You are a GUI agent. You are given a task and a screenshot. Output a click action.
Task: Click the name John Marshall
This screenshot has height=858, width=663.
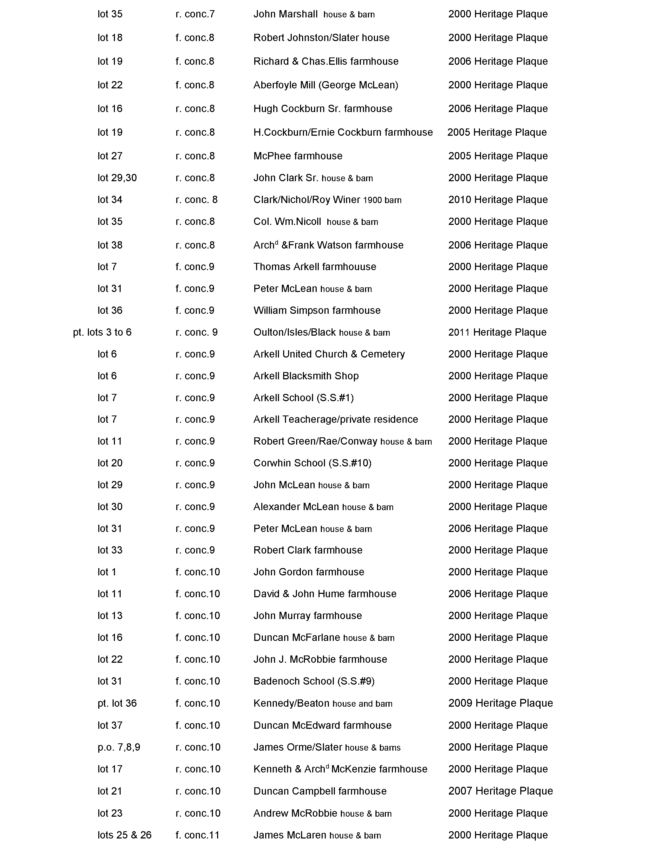(285, 14)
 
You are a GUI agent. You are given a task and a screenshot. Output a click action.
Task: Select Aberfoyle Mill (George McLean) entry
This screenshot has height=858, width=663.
(326, 85)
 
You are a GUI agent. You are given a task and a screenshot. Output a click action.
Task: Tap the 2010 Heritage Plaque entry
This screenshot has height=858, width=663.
(498, 200)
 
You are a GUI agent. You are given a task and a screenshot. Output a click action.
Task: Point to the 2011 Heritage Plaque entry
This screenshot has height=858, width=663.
(497, 332)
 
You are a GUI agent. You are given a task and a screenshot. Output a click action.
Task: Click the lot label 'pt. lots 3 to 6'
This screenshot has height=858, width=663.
(102, 332)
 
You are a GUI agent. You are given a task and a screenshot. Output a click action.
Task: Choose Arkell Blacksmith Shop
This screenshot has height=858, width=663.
(306, 376)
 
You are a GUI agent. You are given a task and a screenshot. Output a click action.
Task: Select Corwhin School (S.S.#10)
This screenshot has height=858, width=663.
(312, 463)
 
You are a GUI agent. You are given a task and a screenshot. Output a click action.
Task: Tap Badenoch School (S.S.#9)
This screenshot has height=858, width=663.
(314, 681)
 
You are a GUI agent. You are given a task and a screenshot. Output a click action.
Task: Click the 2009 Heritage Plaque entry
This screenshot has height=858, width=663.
(500, 703)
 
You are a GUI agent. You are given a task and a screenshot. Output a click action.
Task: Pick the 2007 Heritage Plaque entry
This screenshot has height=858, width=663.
(500, 791)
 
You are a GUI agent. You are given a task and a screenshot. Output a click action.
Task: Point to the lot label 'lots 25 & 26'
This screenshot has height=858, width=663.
(125, 835)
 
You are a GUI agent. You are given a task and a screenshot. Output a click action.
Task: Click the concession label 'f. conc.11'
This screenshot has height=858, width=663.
(197, 835)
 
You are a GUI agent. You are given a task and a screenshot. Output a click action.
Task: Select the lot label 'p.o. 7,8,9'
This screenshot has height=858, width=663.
(119, 747)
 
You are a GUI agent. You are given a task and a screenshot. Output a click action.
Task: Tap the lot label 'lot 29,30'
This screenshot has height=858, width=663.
(117, 178)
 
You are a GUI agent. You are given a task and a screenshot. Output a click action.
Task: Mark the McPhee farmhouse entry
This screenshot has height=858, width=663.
(298, 156)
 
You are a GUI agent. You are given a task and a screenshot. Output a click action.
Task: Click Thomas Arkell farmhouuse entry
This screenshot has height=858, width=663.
(315, 267)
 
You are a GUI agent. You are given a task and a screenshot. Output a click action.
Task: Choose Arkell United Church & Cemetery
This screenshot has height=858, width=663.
(329, 354)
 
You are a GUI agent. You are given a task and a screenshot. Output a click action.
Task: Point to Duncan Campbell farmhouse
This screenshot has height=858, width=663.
(320, 791)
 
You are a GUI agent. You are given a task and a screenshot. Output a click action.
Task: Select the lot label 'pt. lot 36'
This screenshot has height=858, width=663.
(117, 703)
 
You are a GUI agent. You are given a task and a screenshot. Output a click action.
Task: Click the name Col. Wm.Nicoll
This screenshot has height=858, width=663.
(287, 222)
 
